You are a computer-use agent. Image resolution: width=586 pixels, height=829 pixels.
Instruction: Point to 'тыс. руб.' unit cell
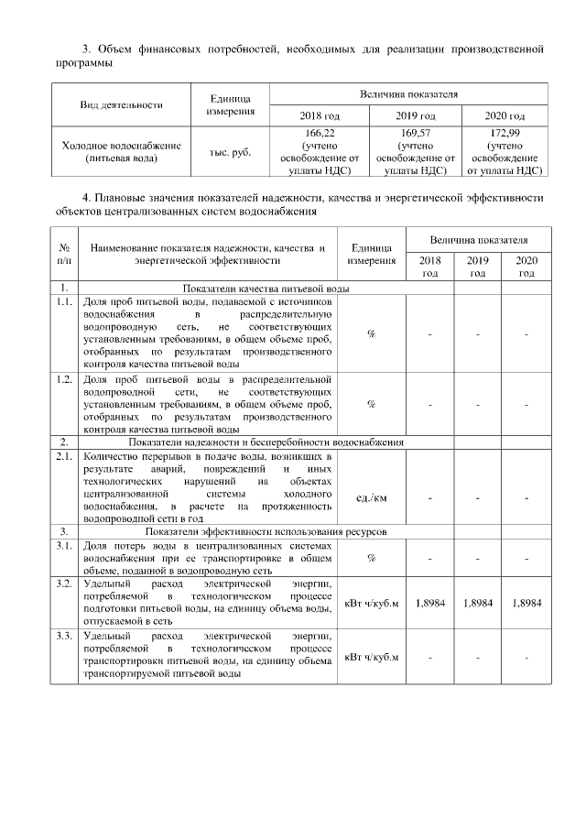[230, 152]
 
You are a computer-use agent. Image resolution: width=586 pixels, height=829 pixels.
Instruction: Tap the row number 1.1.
[64, 301]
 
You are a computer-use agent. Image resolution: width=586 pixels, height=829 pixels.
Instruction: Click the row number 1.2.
[64, 379]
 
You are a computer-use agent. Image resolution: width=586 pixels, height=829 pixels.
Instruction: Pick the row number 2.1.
[64, 455]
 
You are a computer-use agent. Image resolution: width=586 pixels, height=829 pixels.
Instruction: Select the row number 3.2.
[64, 583]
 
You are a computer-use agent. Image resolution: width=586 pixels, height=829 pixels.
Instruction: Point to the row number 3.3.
[64, 635]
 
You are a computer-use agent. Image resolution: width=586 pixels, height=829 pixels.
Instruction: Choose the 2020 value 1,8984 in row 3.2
[526, 604]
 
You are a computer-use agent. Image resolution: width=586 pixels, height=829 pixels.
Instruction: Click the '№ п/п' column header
[64, 254]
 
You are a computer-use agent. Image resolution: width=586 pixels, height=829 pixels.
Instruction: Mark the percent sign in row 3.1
[371, 557]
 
